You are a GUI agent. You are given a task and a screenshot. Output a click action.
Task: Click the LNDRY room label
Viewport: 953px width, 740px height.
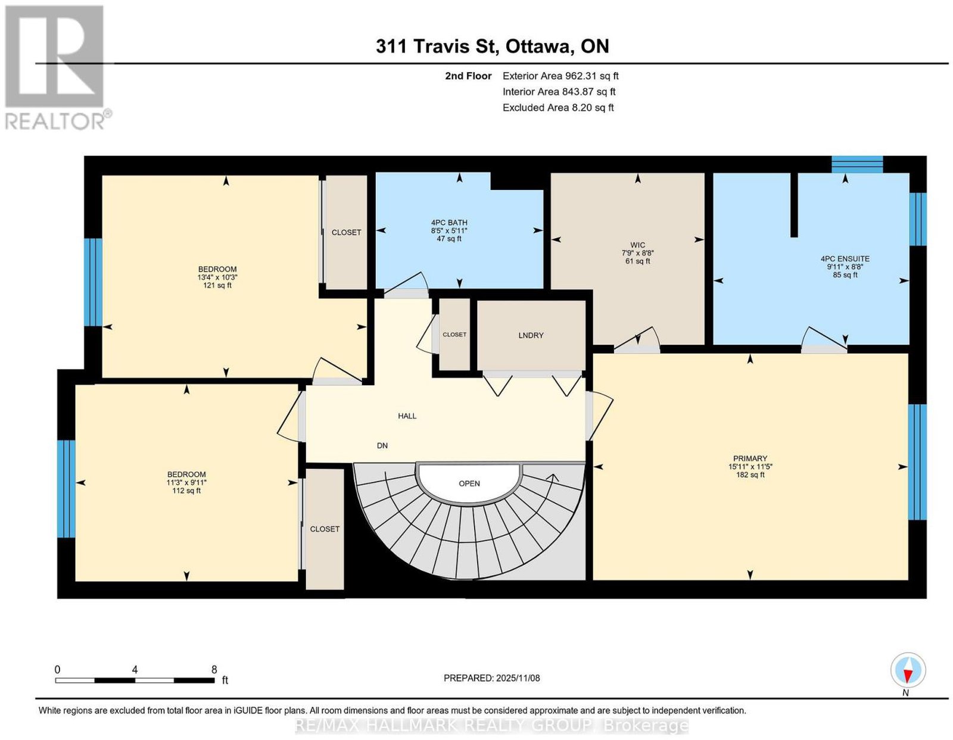pos(531,335)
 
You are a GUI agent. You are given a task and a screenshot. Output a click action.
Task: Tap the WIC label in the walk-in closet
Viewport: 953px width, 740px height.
pos(638,245)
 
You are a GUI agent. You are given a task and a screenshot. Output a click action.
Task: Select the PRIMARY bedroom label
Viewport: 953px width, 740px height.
pos(750,458)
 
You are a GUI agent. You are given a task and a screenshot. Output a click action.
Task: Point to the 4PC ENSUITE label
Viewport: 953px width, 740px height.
pos(845,258)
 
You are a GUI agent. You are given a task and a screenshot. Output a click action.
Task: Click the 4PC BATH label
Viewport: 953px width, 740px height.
pos(449,223)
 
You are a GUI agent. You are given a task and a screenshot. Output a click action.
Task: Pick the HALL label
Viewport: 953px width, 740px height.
pos(407,416)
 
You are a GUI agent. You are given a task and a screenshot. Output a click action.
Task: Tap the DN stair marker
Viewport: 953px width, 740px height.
pos(382,445)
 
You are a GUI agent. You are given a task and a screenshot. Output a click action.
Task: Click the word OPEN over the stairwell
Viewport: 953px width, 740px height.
pos(469,483)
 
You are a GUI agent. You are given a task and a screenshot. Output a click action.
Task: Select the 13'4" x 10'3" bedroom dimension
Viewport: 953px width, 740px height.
pos(217,277)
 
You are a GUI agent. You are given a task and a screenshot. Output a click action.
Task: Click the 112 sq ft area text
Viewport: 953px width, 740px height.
pos(186,491)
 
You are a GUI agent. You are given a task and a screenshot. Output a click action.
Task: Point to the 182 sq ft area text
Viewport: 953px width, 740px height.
pos(750,474)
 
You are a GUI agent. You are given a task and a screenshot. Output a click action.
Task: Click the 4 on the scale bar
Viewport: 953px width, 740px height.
pos(135,670)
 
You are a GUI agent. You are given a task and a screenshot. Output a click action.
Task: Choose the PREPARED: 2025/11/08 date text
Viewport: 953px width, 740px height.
pos(491,678)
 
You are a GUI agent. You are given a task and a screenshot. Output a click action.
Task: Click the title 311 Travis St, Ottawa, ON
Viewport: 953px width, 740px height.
pos(493,46)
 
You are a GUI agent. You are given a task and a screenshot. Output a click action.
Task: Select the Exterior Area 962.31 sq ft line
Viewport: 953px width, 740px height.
pos(560,76)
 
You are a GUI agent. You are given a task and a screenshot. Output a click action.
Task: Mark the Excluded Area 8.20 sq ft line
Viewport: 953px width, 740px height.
pos(558,107)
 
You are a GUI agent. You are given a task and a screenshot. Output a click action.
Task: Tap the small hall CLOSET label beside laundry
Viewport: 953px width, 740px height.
pos(454,335)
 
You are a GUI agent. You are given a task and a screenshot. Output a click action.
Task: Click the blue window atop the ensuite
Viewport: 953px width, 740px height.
pos(857,164)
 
